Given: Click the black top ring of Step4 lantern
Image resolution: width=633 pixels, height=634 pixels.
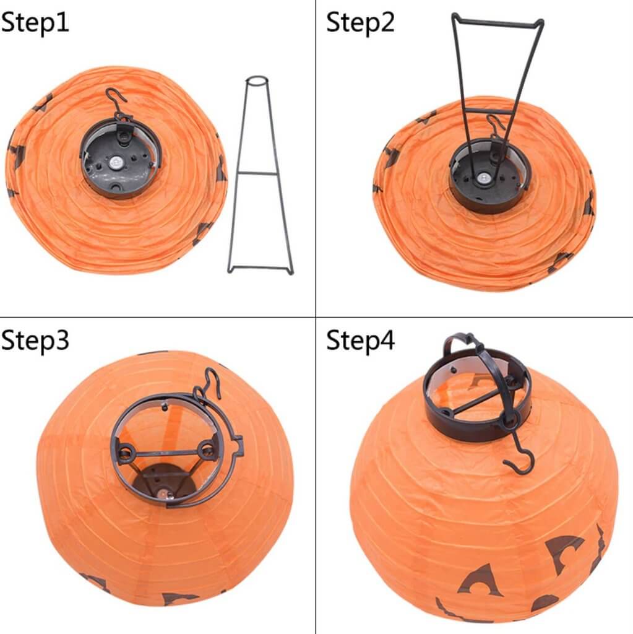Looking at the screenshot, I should (476, 427).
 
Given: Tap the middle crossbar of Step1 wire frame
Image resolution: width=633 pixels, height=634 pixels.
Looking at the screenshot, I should (260, 173).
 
